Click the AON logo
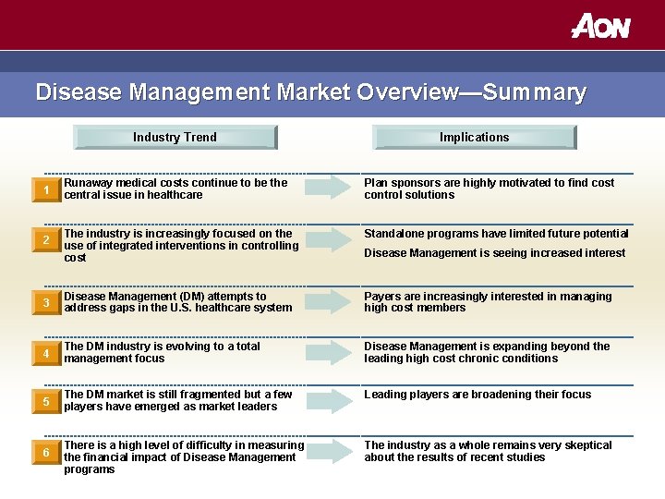pyautogui.click(x=600, y=25)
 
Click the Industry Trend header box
pyautogui.click(x=175, y=137)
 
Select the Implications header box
pyautogui.click(x=474, y=137)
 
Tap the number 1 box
pyautogui.click(x=46, y=190)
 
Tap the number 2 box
pyautogui.click(x=46, y=241)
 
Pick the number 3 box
pyautogui.click(x=46, y=304)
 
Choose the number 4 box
pyautogui.click(x=46, y=354)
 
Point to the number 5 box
pyautogui.click(x=46, y=402)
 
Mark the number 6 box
pyautogui.click(x=46, y=452)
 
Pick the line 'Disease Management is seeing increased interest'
pyautogui.click(x=494, y=253)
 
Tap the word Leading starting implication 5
pyautogui.click(x=387, y=395)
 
